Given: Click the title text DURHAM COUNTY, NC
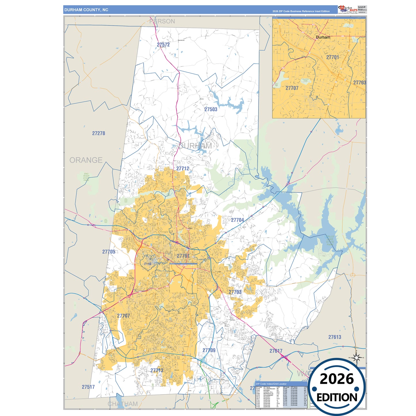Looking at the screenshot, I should coord(86,10).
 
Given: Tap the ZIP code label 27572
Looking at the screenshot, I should coord(163,45).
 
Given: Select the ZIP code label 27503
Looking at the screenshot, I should coord(211,109).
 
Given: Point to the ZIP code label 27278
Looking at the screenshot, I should coord(98,133).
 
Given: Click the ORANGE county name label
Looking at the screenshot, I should coord(86,160).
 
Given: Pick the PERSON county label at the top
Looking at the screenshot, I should coord(162,21).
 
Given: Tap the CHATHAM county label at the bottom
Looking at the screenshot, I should coord(123,404).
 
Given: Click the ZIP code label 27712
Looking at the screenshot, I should coord(183,168).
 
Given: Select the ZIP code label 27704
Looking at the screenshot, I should coord(237,220).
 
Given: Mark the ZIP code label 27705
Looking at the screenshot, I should coord(109,252).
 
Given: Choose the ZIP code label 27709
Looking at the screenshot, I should coord(209,350).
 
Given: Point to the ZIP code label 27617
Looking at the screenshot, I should coord(276,351).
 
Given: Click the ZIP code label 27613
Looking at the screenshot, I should coord(335,337).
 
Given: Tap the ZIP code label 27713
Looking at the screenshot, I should coord(157,370).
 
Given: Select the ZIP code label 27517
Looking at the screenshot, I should coord(88,387).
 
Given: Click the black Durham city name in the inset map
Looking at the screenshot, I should coord(323,37).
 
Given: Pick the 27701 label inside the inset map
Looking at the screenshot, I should coord(333,57).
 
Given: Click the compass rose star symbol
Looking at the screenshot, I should coord(356,358).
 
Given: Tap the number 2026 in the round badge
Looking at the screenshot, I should coord(337,379).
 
